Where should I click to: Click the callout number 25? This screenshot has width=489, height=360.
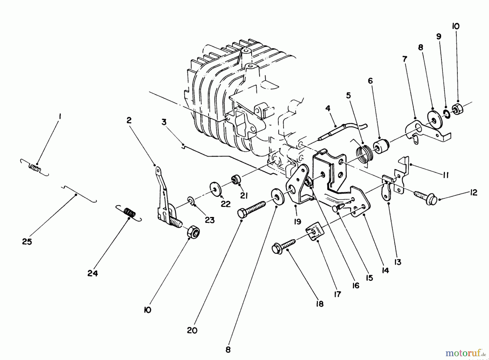click(27, 241)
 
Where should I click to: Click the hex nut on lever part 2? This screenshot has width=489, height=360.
click(193, 231)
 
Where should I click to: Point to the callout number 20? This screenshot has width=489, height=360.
click(192, 330)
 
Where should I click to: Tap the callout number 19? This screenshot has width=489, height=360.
click(297, 222)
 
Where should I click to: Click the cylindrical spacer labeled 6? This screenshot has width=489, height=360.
click(381, 146)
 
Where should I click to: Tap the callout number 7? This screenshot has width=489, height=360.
click(405, 59)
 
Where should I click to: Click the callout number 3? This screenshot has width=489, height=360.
click(164, 122)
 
